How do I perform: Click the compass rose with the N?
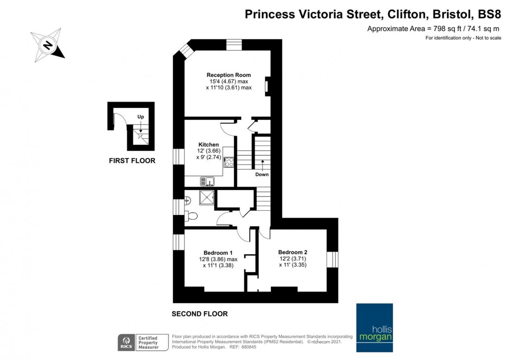click(x=47, y=45)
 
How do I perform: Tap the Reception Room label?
click(x=229, y=75)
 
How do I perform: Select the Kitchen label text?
click(x=208, y=145)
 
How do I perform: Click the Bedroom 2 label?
click(x=293, y=252)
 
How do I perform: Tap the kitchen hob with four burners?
click(x=229, y=162)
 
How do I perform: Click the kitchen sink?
click(x=207, y=181)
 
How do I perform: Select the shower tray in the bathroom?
click(x=207, y=198)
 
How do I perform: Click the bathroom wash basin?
click(x=187, y=201)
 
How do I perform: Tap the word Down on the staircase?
click(x=262, y=175)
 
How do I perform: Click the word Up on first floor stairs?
click(x=140, y=117)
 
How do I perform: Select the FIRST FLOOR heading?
click(x=132, y=161)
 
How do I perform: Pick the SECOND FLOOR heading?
click(x=199, y=314)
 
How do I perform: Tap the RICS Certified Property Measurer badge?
click(x=139, y=342)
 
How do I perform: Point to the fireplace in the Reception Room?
click(x=267, y=87)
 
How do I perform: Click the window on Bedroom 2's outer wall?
click(x=332, y=259)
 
